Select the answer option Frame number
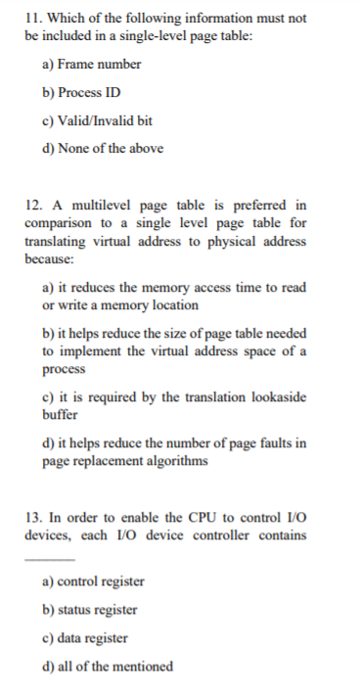coord(92,65)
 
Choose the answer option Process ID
coord(87,93)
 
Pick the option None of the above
coord(101,149)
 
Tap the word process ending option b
coord(64,369)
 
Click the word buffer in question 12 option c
coord(62,414)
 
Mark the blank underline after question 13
coord(50,559)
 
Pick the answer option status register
coord(91,610)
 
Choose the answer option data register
coord(86,638)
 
